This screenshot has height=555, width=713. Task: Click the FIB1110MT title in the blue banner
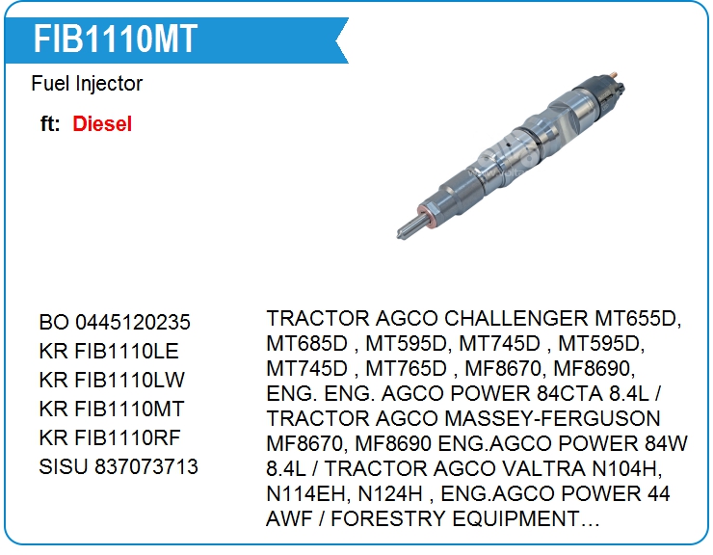tap(116, 40)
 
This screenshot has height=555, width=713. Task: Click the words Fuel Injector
tap(87, 84)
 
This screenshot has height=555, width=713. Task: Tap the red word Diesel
tap(102, 123)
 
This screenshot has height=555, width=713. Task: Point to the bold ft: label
tap(50, 123)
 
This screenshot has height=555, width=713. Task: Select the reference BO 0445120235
tap(115, 323)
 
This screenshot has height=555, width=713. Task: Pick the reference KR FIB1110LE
tap(109, 351)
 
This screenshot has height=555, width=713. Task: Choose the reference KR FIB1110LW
tap(112, 381)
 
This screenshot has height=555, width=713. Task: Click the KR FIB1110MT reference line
tap(112, 409)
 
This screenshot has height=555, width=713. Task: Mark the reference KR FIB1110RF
tap(110, 437)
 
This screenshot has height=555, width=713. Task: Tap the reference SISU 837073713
tap(119, 466)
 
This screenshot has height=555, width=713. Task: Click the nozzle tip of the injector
tap(399, 234)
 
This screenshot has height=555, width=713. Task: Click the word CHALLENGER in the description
tap(516, 318)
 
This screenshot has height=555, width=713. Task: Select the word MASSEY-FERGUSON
tap(552, 418)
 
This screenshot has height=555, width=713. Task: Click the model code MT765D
tap(407, 368)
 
